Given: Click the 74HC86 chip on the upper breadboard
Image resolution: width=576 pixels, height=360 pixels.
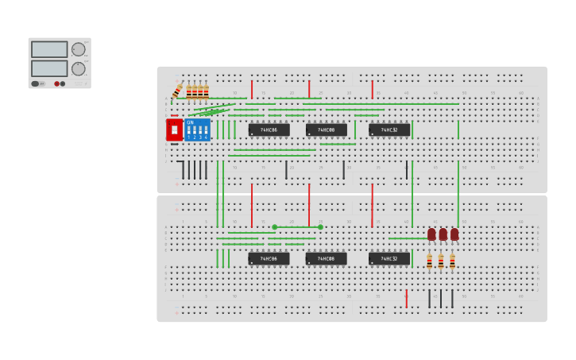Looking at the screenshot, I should [269, 130].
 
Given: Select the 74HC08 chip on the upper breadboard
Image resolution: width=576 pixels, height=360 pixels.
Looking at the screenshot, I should [326, 130].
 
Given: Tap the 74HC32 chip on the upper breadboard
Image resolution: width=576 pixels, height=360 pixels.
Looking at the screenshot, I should [389, 130].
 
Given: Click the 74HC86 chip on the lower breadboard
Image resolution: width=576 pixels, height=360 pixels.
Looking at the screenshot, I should [269, 258].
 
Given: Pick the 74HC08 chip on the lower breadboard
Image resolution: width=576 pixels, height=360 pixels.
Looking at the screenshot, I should [326, 258].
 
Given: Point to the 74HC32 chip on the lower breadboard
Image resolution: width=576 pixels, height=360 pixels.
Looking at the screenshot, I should [389, 258].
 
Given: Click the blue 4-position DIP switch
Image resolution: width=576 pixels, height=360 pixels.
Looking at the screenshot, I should [197, 130].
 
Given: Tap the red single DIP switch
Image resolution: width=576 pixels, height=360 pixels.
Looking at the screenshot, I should [174, 130].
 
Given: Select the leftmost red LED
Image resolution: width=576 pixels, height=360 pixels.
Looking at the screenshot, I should [431, 234].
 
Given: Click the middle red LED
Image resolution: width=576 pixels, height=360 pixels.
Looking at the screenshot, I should [443, 234].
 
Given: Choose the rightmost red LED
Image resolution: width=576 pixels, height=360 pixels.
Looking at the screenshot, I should [454, 234].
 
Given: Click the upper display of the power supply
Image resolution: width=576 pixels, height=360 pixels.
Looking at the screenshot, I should [49, 49].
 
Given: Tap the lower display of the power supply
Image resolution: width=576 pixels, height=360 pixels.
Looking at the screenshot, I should [49, 69].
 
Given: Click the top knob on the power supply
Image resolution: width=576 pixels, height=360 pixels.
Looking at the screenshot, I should [78, 49].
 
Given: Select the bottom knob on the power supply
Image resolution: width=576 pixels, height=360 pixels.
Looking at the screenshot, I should [78, 69].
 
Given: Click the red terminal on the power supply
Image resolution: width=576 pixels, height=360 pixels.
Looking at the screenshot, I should [57, 83].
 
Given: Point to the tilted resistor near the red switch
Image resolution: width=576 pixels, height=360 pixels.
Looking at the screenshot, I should [177, 90].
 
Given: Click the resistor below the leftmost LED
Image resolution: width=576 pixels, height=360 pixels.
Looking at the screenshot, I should [430, 261].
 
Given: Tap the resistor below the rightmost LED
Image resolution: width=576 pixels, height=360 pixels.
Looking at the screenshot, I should [452, 261].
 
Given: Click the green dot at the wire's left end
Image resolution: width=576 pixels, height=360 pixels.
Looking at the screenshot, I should [275, 227].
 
